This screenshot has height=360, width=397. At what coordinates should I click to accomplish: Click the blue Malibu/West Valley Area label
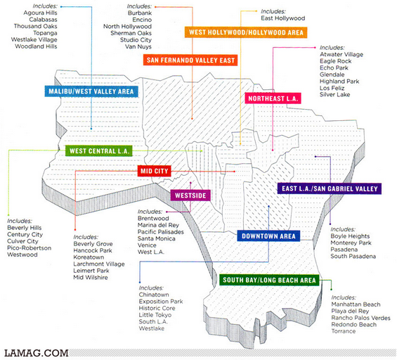click(91, 91)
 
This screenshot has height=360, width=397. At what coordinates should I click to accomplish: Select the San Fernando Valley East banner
click(190, 60)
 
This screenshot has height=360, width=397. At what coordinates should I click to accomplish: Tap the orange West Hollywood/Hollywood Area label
click(246, 32)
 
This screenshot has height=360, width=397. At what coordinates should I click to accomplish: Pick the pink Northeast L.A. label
click(273, 98)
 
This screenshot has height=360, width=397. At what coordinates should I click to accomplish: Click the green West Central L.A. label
click(99, 151)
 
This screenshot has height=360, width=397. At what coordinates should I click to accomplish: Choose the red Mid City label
click(154, 171)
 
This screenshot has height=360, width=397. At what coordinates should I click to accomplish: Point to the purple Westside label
click(190, 195)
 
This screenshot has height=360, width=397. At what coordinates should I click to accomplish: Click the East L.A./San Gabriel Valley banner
click(330, 188)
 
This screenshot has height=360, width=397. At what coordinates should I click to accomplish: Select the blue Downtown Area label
click(268, 236)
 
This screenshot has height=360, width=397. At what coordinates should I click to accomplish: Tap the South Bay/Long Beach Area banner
click(269, 280)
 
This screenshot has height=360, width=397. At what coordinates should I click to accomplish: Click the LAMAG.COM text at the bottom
click(37, 353)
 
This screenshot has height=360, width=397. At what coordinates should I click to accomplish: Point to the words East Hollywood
click(282, 18)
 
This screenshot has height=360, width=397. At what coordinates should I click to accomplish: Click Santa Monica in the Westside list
click(157, 238)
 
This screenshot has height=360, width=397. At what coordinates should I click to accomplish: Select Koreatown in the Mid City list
click(89, 257)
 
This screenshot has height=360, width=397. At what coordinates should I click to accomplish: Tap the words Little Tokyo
click(155, 315)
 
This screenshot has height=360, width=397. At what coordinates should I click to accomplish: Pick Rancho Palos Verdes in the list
click(360, 318)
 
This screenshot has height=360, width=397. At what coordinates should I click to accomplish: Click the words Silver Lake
click(334, 94)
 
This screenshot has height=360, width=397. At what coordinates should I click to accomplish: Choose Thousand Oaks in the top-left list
click(35, 26)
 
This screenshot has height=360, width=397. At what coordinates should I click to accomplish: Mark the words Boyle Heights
click(350, 236)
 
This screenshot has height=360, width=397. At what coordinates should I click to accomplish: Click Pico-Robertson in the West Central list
click(29, 247)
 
